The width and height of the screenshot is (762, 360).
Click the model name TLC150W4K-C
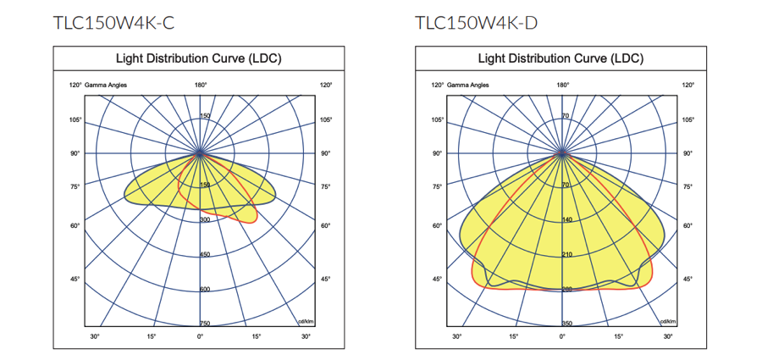point(113,23)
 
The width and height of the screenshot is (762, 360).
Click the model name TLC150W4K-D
point(476,23)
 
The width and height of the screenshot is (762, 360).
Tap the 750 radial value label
point(204,324)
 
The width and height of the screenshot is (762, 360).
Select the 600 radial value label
point(204,289)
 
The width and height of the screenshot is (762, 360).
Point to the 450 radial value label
point(204,254)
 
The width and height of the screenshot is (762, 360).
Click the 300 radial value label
point(204,219)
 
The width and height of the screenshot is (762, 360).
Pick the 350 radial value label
point(566,324)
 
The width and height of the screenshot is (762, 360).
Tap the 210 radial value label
point(566,254)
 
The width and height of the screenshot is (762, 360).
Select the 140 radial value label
point(566,219)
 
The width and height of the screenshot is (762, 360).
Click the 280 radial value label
point(566,290)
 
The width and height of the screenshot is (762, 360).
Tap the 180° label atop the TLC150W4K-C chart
point(201,86)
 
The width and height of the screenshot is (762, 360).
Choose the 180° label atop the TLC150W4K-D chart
point(563,86)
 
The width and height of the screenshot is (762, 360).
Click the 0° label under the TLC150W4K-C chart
point(201,336)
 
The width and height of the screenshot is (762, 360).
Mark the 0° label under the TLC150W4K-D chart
point(563,336)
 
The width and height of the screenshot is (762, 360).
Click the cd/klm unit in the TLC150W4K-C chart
point(306,321)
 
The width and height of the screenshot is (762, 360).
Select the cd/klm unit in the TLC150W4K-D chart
point(669,321)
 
